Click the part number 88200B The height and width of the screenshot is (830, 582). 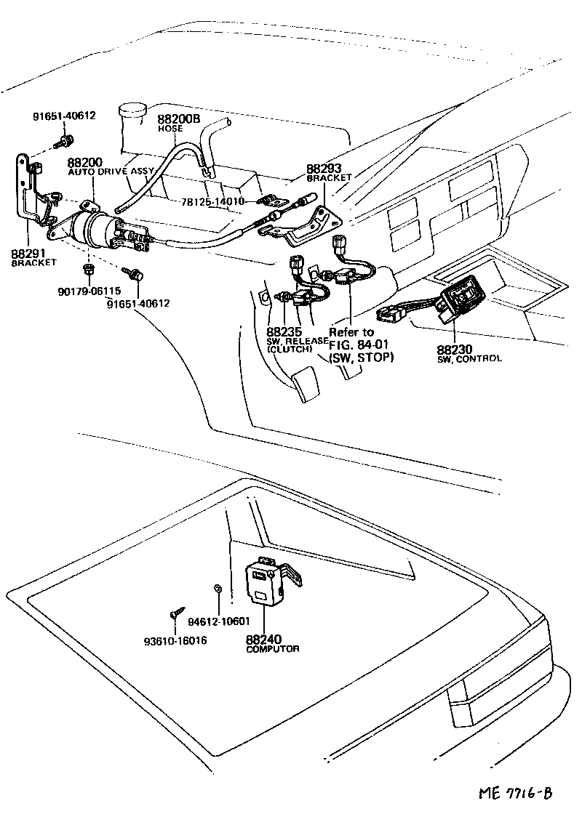(178, 118)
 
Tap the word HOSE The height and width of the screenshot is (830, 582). (170, 129)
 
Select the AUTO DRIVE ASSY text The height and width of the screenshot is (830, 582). (111, 172)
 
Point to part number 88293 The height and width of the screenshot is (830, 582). (324, 167)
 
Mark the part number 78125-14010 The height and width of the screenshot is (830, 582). (215, 201)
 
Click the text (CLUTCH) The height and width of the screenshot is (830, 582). (290, 349)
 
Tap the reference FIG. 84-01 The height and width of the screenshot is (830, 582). (362, 345)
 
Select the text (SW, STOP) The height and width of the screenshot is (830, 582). (362, 357)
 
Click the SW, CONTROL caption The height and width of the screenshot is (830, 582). (469, 359)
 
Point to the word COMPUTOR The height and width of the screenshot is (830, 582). (272, 649)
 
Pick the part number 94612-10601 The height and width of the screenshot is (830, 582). (218, 622)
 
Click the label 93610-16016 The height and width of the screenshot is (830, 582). (175, 640)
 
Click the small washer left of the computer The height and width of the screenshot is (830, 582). (218, 588)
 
